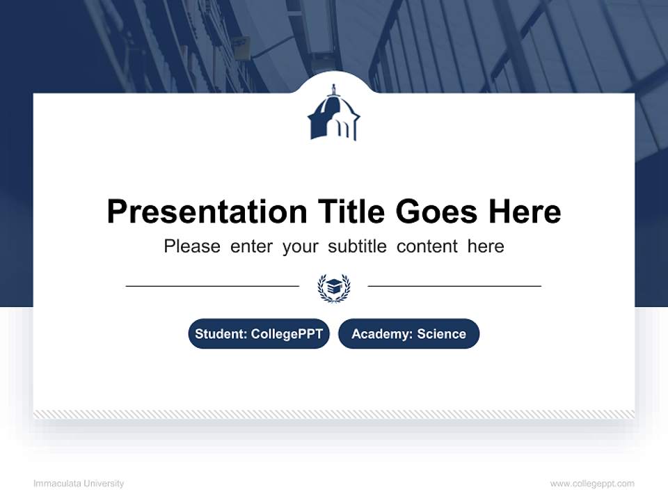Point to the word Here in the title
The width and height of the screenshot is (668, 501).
click(525, 212)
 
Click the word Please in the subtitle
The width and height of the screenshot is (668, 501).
click(192, 246)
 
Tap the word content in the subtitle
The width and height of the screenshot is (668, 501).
click(427, 246)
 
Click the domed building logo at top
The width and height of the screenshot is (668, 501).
click(334, 113)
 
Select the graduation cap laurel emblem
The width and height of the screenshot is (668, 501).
click(334, 287)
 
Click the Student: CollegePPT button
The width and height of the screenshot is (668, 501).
click(259, 334)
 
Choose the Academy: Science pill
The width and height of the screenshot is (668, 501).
click(408, 334)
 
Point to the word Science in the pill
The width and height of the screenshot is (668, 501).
click(442, 334)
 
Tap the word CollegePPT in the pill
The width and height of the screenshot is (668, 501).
click(287, 334)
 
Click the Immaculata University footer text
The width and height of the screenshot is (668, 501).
click(79, 484)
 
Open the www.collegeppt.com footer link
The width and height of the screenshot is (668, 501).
click(592, 484)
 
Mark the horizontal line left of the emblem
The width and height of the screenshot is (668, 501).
click(212, 285)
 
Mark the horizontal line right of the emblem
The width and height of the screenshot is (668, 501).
click(454, 285)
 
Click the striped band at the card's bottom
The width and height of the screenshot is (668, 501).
click(334, 414)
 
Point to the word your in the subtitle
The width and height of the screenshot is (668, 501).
click(301, 246)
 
